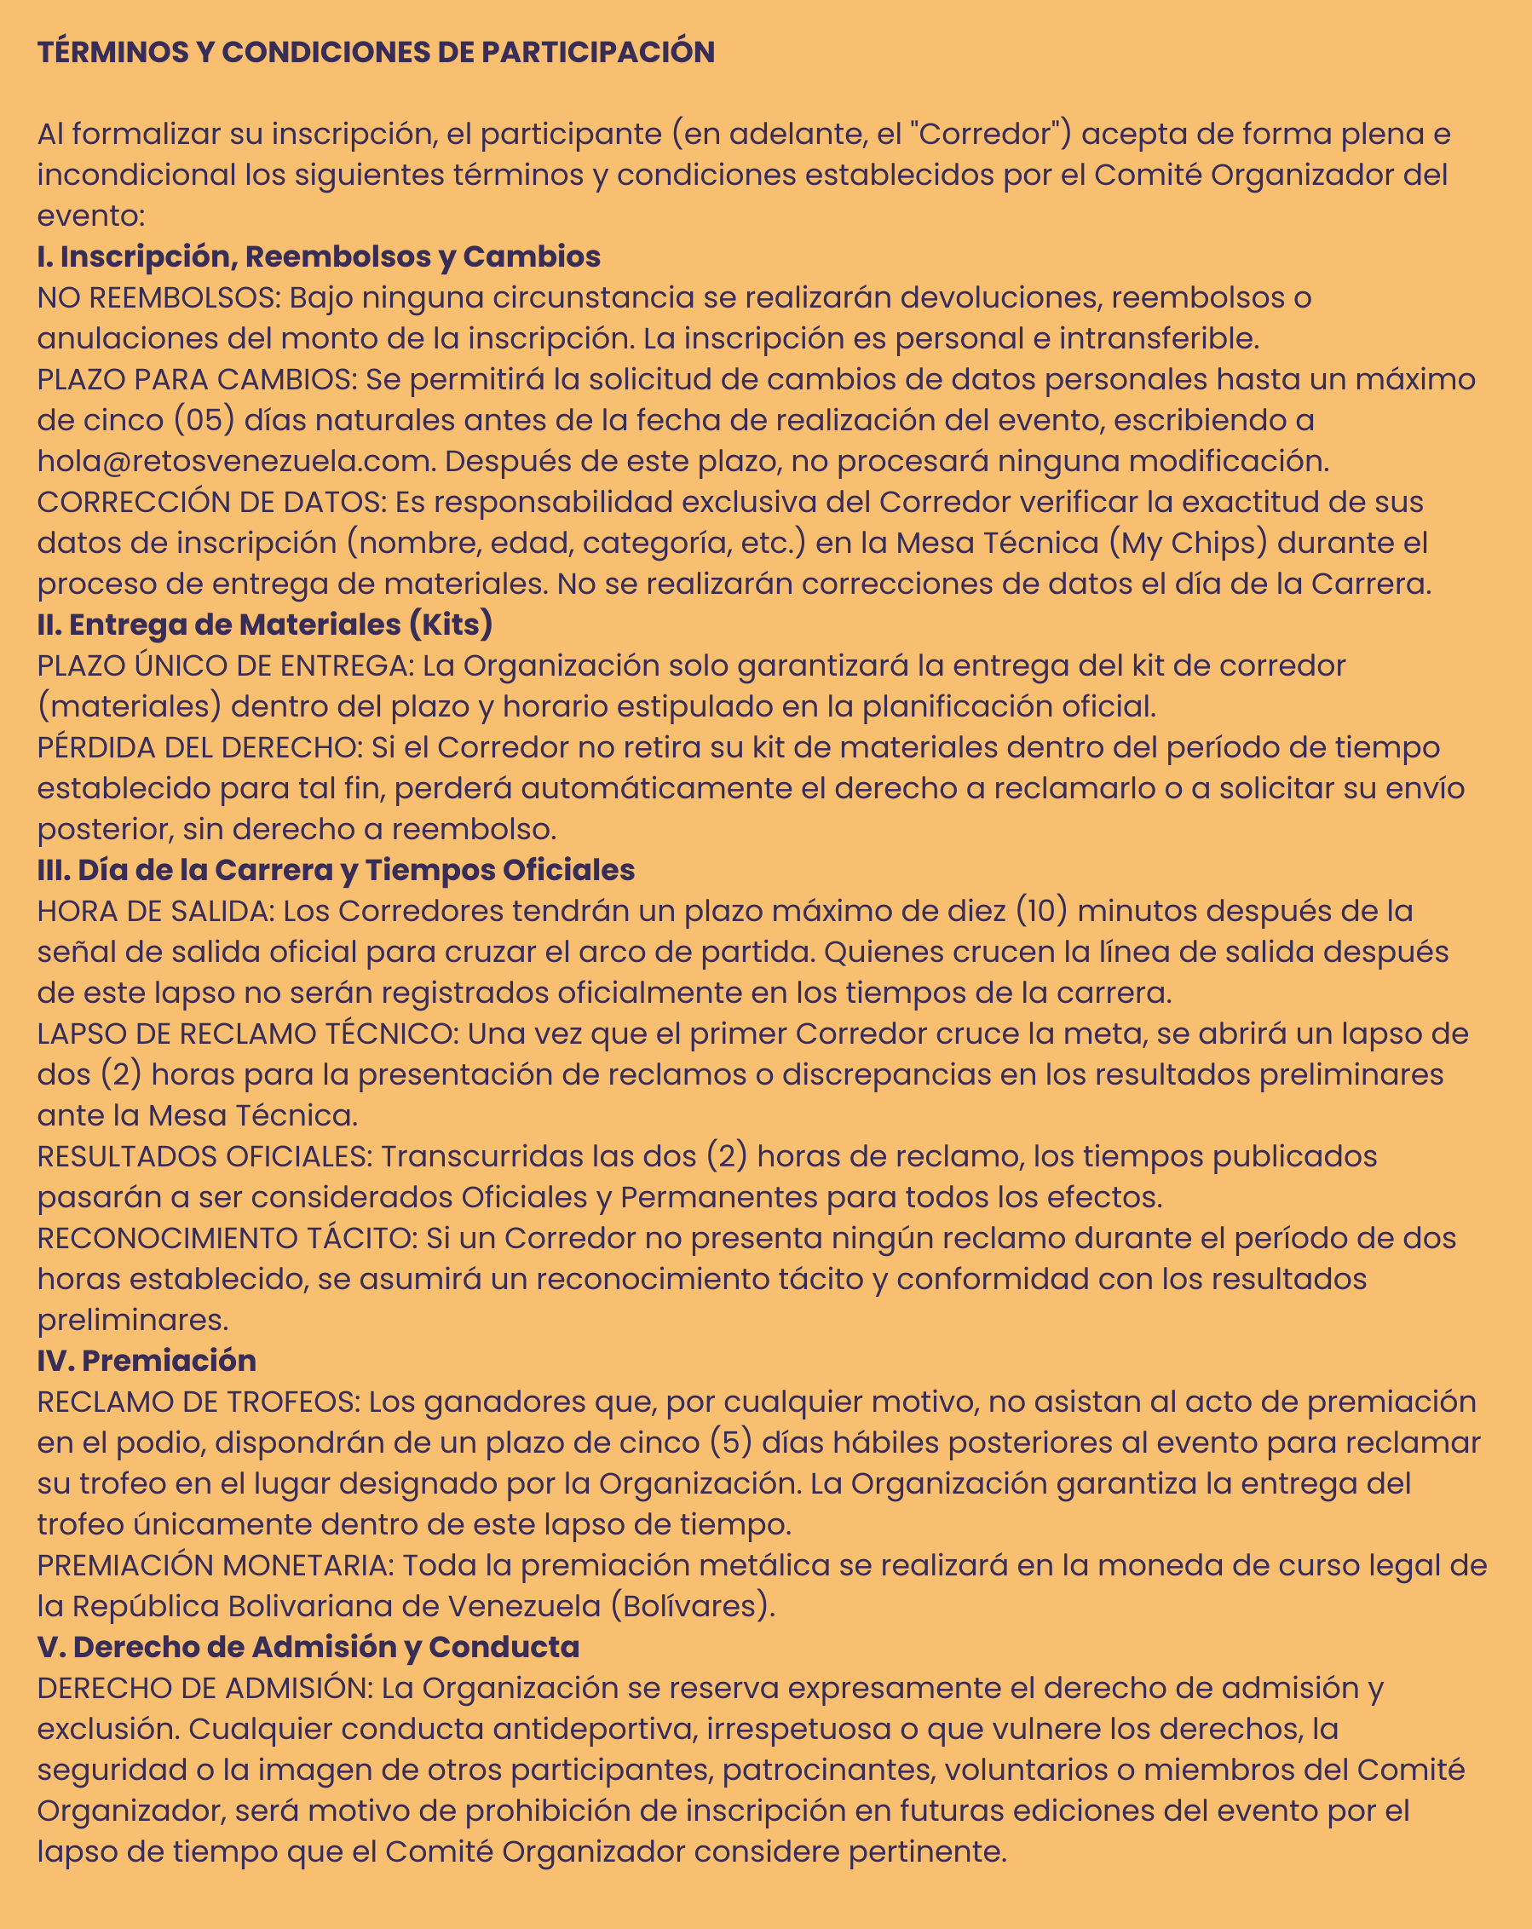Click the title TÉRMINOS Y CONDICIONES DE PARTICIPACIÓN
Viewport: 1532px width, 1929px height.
[x=376, y=52]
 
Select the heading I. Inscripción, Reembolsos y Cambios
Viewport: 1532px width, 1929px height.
[x=319, y=256]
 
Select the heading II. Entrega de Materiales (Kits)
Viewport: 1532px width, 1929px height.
[x=265, y=625]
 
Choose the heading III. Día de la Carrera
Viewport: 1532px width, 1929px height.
[x=336, y=871]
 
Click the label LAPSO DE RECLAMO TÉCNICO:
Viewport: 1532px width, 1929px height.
[x=248, y=1034]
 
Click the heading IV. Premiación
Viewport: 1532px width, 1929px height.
[x=147, y=1361]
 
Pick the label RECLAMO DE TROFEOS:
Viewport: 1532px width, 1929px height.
[x=198, y=1402]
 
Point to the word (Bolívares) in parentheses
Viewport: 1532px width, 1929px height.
[x=692, y=1607]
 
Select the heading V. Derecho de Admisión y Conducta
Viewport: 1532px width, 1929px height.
[x=308, y=1647]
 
